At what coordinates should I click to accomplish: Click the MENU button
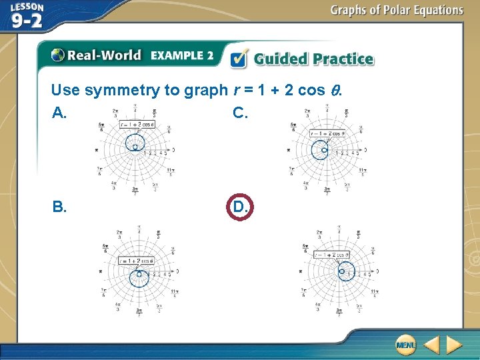pos(405,345)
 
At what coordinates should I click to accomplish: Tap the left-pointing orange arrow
pos(431,345)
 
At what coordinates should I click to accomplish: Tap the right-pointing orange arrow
pos(454,345)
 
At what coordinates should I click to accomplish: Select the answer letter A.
pos(59,113)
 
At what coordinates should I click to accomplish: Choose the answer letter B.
pos(59,207)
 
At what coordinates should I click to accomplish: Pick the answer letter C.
pos(240,113)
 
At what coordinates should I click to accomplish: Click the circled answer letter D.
pos(241,207)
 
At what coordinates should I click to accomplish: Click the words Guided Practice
pos(313,59)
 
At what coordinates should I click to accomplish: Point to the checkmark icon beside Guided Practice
pos(239,59)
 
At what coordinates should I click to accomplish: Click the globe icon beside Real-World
pos(58,55)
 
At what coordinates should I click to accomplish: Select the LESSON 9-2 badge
pos(27,16)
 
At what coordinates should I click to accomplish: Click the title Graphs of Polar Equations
pos(396,10)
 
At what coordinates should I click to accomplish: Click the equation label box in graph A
pos(137,125)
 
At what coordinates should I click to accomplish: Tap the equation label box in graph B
pos(137,261)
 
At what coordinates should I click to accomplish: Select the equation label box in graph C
pos(327,133)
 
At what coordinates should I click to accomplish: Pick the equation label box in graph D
pos(331,255)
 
